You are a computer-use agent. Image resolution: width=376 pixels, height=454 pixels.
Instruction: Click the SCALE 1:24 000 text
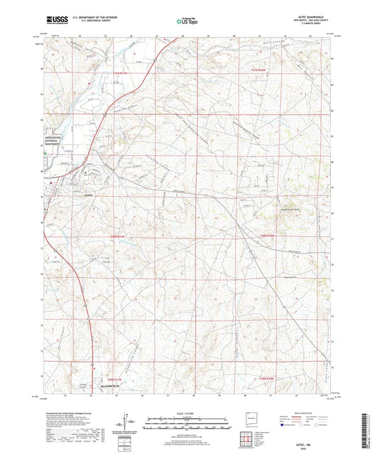(188, 413)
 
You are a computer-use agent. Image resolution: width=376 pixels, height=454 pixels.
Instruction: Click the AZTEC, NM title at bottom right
(313, 437)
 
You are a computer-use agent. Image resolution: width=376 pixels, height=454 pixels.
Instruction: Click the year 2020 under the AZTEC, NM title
(313, 443)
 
